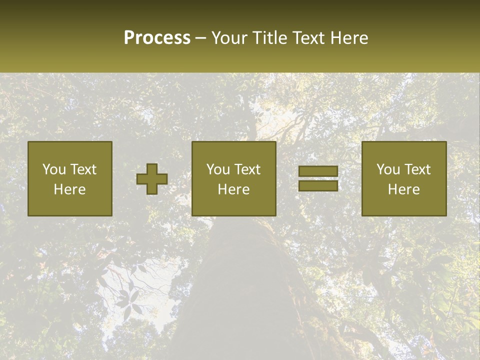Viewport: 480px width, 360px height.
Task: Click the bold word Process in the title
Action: coord(157,38)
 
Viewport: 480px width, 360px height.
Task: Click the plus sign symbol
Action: coord(152,179)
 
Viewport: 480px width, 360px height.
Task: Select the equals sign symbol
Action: coord(318,178)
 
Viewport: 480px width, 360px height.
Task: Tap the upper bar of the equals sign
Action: coord(318,171)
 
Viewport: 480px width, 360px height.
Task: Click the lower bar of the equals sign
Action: coord(318,185)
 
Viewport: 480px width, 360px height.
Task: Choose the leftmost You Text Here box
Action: coord(70,178)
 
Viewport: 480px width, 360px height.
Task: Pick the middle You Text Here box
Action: coord(234,178)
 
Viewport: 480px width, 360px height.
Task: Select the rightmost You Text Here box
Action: coord(403,178)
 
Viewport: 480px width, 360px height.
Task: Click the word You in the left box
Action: coord(54,169)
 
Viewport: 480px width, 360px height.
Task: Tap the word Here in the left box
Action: coord(70,189)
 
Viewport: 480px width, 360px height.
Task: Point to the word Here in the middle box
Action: coord(234,189)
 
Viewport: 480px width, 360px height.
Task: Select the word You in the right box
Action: coord(388,169)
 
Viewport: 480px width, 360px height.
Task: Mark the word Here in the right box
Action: coord(403,189)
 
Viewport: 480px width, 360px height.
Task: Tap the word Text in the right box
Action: coord(417,169)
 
